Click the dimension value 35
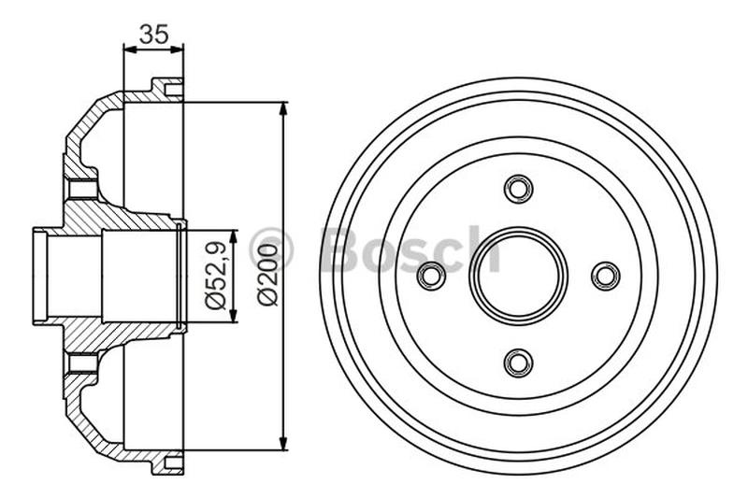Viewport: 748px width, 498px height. tap(153, 35)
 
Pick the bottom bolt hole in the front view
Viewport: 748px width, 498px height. tap(518, 362)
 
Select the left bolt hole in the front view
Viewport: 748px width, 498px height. tap(432, 276)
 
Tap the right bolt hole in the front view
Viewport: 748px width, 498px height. tap(606, 276)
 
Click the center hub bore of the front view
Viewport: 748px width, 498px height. tap(518, 271)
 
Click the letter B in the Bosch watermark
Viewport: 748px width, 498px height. tap(343, 249)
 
